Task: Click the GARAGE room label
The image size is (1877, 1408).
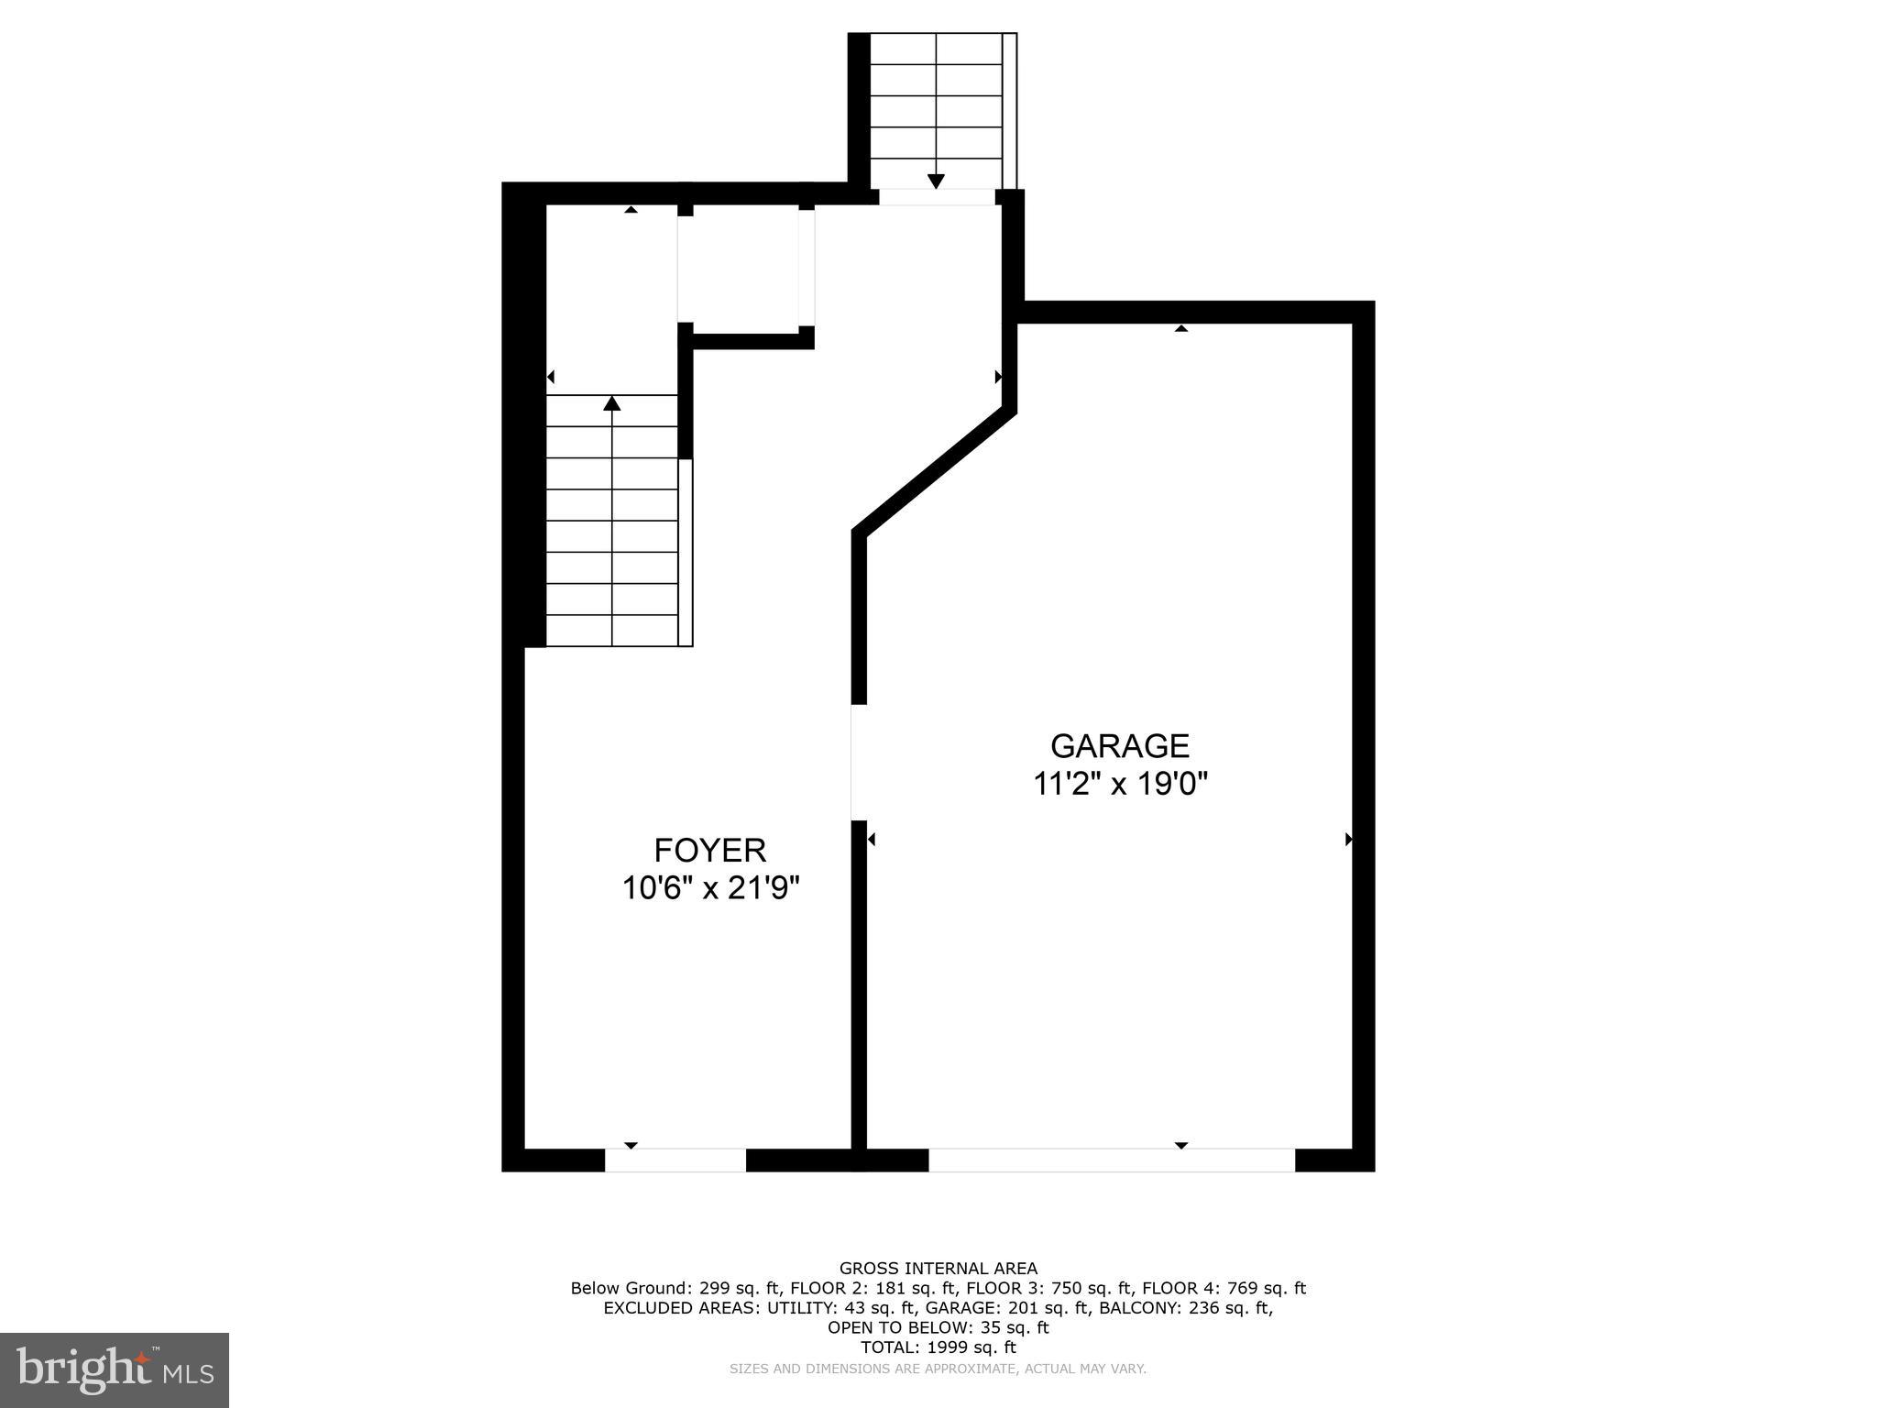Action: [x=1119, y=746]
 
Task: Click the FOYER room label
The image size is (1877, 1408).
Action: [x=709, y=851]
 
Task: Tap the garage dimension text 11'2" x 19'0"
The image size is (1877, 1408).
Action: [x=1120, y=785]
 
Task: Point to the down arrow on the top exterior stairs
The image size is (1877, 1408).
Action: [x=936, y=180]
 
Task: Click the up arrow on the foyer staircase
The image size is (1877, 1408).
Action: [x=612, y=403]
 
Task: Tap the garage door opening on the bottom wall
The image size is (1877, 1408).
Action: [x=1112, y=1160]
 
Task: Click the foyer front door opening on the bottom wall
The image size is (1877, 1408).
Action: [x=675, y=1160]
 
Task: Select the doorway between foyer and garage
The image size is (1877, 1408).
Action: [x=859, y=762]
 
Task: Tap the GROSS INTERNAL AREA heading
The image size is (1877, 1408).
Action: [x=938, y=1269]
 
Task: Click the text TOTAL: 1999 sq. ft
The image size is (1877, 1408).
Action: [x=938, y=1347]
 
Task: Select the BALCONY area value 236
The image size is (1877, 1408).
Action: [x=1206, y=1308]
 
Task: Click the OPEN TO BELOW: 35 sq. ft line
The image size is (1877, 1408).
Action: [x=938, y=1327]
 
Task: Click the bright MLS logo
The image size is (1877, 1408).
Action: [x=115, y=1369]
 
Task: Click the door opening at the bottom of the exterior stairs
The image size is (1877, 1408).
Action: [x=937, y=197]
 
